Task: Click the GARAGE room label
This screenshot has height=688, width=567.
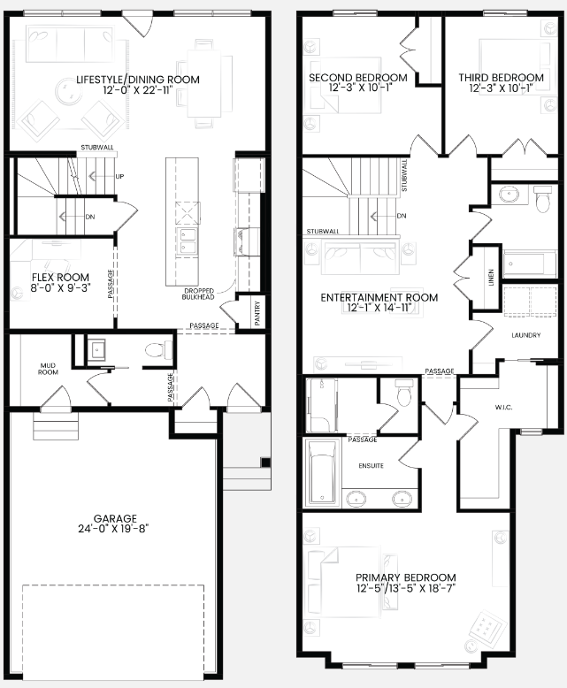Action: click(x=115, y=518)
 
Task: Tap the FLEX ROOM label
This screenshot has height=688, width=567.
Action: click(x=60, y=278)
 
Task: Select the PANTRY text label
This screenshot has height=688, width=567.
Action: click(x=257, y=312)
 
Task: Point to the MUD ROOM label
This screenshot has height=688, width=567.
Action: click(x=48, y=369)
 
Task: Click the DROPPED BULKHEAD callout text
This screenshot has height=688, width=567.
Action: click(x=198, y=294)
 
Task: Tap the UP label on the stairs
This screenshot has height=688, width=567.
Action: click(x=119, y=176)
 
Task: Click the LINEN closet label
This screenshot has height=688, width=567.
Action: click(x=491, y=278)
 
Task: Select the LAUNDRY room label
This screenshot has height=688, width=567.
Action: click(x=526, y=335)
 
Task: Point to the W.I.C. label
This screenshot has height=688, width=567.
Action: click(x=503, y=407)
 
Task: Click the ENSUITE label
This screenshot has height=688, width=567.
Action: click(x=372, y=465)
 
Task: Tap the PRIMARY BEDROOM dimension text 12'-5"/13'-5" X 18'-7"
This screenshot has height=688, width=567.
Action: click(x=406, y=588)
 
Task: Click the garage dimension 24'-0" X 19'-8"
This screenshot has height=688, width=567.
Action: click(x=113, y=529)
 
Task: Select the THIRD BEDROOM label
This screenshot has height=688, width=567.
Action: click(x=502, y=78)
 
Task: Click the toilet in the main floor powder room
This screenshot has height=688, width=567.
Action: click(x=159, y=350)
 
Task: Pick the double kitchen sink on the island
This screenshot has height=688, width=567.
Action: click(x=187, y=242)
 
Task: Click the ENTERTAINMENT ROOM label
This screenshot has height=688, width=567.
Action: click(x=379, y=297)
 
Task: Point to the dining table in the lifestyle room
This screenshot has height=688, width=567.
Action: click(x=204, y=83)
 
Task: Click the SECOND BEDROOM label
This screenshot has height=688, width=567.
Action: click(x=358, y=78)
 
